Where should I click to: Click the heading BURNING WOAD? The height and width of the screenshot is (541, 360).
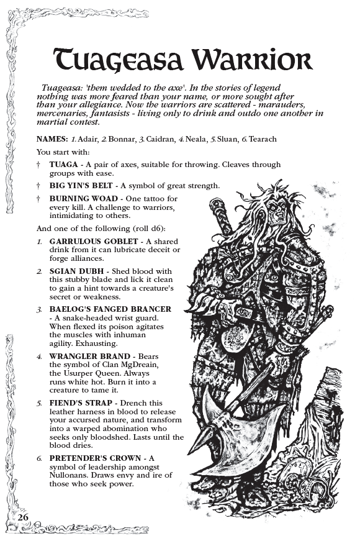81,199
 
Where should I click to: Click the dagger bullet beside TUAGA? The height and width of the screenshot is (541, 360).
38,165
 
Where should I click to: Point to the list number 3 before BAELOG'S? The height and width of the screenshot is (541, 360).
38,309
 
